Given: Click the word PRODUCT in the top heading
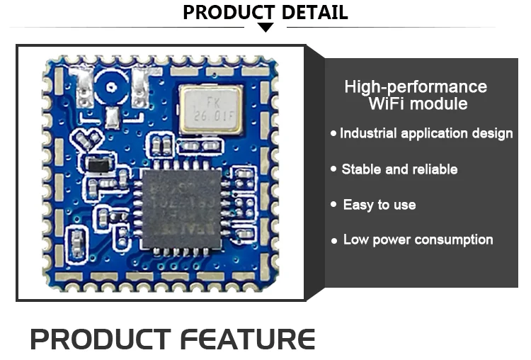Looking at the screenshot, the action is click(226, 12).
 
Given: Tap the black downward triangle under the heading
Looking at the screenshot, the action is click(265, 27).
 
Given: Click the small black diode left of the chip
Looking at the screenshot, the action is click(98, 167).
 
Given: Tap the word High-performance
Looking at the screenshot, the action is click(416, 87).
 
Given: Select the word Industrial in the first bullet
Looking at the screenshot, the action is click(368, 133).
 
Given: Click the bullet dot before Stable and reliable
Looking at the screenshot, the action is click(333, 169).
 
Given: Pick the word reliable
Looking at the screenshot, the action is click(433, 169).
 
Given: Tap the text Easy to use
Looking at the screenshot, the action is click(379, 205).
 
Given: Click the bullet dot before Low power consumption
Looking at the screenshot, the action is click(334, 241).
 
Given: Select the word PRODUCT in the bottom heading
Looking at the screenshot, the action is click(101, 339).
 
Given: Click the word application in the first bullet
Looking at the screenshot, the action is click(435, 133).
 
